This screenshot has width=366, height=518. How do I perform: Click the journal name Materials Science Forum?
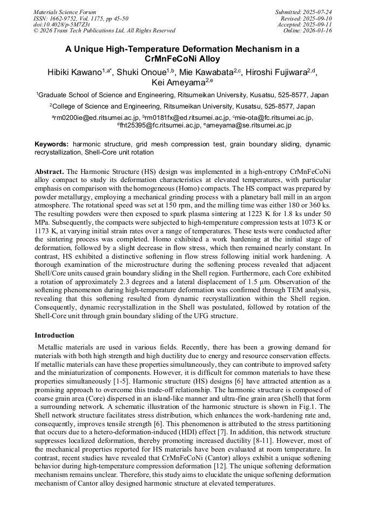pos(65,11)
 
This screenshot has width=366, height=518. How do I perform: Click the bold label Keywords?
pos(52,145)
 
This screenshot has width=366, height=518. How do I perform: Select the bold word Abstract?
pos(49,171)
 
